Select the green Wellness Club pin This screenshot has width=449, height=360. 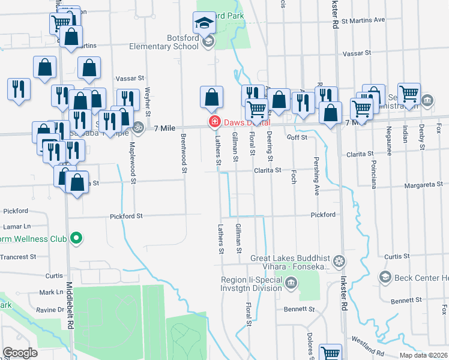76,239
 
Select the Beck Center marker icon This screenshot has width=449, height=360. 385,277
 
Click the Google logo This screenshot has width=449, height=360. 20,352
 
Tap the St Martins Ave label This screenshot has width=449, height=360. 363,20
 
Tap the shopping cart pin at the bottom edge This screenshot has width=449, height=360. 330,353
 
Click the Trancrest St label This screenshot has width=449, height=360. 17,256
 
